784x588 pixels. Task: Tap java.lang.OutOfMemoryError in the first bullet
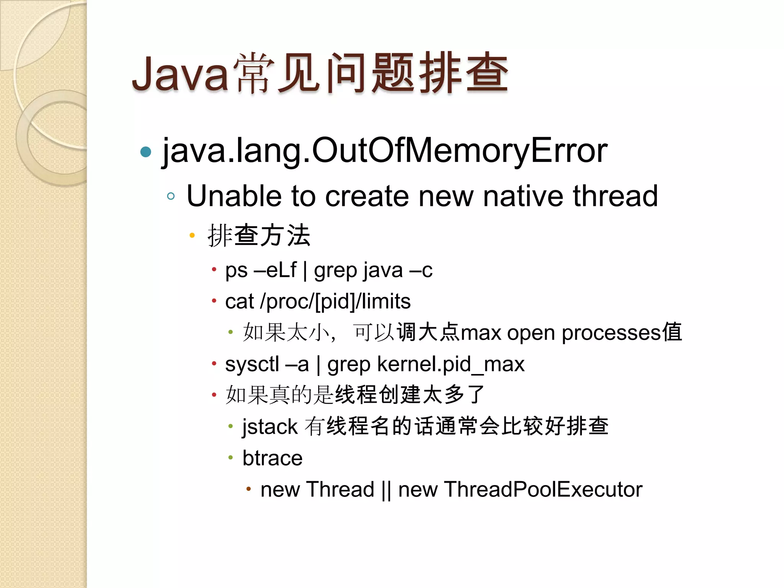pyautogui.click(x=385, y=151)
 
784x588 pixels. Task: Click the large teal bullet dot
pyautogui.click(x=146, y=152)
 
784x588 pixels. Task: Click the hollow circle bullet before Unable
pyautogui.click(x=171, y=196)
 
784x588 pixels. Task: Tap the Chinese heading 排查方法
pyautogui.click(x=259, y=235)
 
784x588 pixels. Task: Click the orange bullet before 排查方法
pyautogui.click(x=192, y=235)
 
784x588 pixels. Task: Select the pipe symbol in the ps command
pyautogui.click(x=305, y=270)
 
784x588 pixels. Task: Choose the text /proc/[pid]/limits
pyautogui.click(x=335, y=302)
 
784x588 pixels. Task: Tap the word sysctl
pyautogui.click(x=252, y=364)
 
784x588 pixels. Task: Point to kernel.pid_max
pyautogui.click(x=451, y=364)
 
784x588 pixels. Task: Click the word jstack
pyautogui.click(x=270, y=427)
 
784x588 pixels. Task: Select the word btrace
pyautogui.click(x=272, y=458)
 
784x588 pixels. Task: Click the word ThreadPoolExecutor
pyautogui.click(x=543, y=490)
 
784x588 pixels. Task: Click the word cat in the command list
pyautogui.click(x=239, y=302)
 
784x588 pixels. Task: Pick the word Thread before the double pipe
pyautogui.click(x=340, y=490)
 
